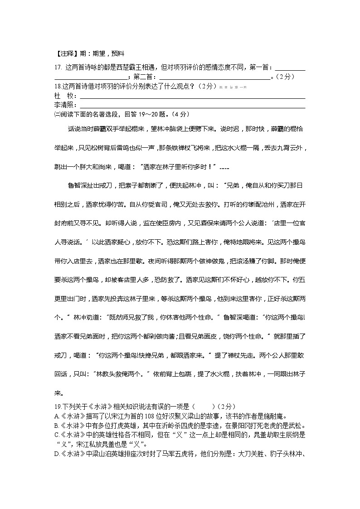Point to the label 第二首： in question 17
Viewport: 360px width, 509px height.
click(x=146, y=77)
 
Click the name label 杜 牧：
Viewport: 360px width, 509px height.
click(x=65, y=96)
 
